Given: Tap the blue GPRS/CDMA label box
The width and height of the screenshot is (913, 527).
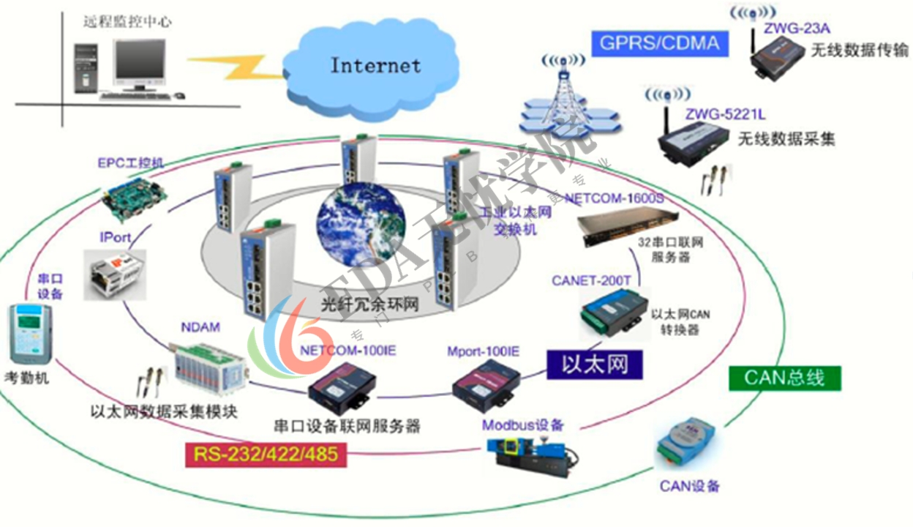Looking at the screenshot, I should pos(659,42).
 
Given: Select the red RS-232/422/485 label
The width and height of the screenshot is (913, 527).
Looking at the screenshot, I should pos(266,455).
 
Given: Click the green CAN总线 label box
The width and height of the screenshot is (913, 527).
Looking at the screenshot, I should pos(784,378).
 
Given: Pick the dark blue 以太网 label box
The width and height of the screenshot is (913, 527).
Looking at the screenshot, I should pos(595,364).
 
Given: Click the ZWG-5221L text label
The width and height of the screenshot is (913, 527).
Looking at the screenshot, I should pos(715,113).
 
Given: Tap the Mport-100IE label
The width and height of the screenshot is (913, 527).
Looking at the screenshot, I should pos(483,351).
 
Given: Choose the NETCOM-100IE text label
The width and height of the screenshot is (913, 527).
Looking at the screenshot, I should pos(347,351).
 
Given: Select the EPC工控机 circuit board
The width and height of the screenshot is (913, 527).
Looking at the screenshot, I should pos(133,195).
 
